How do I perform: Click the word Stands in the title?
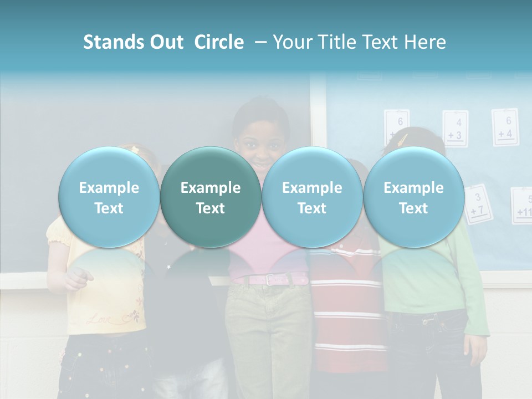click(x=112, y=42)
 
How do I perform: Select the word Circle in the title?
click(x=219, y=42)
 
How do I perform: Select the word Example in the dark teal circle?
click(x=211, y=188)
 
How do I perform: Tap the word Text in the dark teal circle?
click(x=211, y=208)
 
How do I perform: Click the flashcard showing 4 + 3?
click(x=455, y=129)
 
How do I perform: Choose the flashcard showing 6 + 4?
click(x=505, y=127)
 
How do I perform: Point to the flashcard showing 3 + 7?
click(x=477, y=203)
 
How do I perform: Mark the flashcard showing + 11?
click(x=521, y=206)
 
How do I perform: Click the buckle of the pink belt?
click(x=270, y=280)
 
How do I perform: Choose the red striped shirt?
click(x=346, y=310)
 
